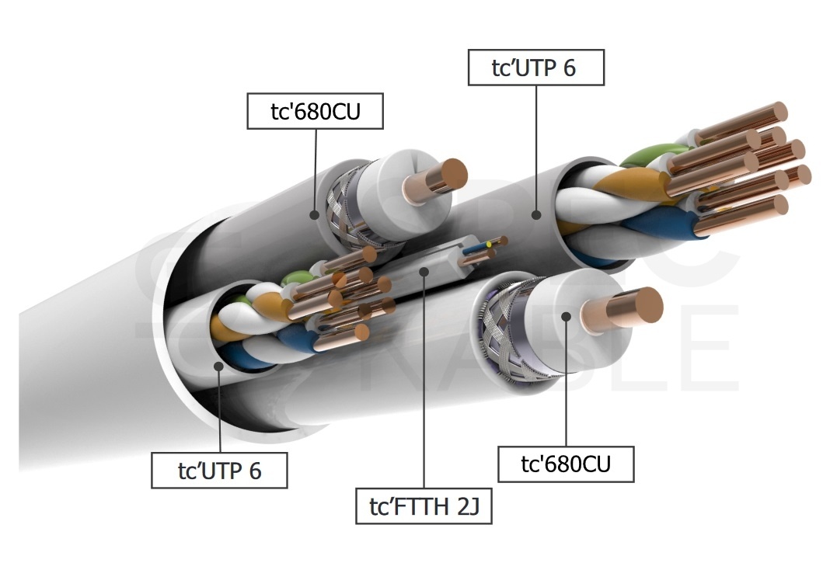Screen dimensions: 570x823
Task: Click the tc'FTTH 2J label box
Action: (x=424, y=506)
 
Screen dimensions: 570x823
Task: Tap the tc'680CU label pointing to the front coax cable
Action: (x=565, y=464)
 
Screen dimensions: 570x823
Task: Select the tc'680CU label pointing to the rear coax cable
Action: (x=315, y=111)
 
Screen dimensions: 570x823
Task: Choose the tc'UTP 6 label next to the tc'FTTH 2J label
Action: (x=219, y=471)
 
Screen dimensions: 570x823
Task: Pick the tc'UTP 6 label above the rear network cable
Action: (x=535, y=68)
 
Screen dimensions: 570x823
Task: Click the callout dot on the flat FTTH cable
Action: (x=424, y=271)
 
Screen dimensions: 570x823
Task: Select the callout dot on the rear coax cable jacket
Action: (x=315, y=214)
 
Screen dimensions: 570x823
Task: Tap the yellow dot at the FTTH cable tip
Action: (x=489, y=244)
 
